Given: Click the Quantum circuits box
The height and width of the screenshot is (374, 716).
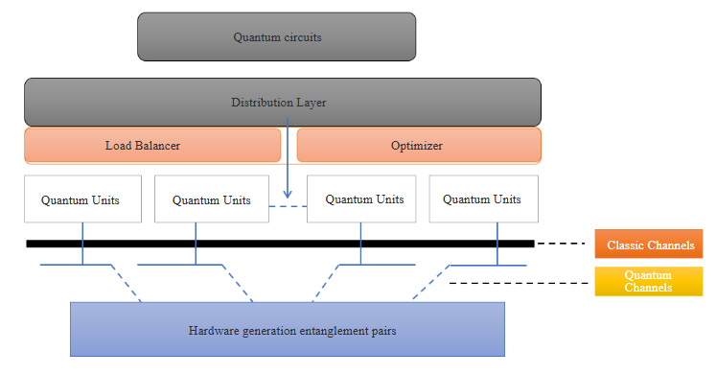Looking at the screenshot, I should [x=276, y=36].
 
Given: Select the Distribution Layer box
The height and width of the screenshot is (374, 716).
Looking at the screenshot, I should [x=283, y=102].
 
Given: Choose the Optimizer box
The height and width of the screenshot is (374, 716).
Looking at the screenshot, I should [x=418, y=146].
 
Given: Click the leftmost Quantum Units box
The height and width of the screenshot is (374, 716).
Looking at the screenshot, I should [x=82, y=199].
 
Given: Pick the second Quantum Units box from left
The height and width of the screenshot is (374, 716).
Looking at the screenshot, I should [x=211, y=199].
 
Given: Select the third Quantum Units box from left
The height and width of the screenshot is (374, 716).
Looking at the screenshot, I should [x=361, y=199].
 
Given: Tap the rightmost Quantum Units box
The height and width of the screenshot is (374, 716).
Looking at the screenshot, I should [x=482, y=199].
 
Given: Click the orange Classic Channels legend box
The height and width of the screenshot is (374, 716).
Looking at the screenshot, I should [x=650, y=245].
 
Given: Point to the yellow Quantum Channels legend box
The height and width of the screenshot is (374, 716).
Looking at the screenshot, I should [x=650, y=281].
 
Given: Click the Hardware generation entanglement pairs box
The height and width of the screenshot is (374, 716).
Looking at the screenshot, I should [x=288, y=330].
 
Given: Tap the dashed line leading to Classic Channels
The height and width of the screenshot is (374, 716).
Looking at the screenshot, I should [x=560, y=244].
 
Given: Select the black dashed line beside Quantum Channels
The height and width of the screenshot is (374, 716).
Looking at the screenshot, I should [x=517, y=283].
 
